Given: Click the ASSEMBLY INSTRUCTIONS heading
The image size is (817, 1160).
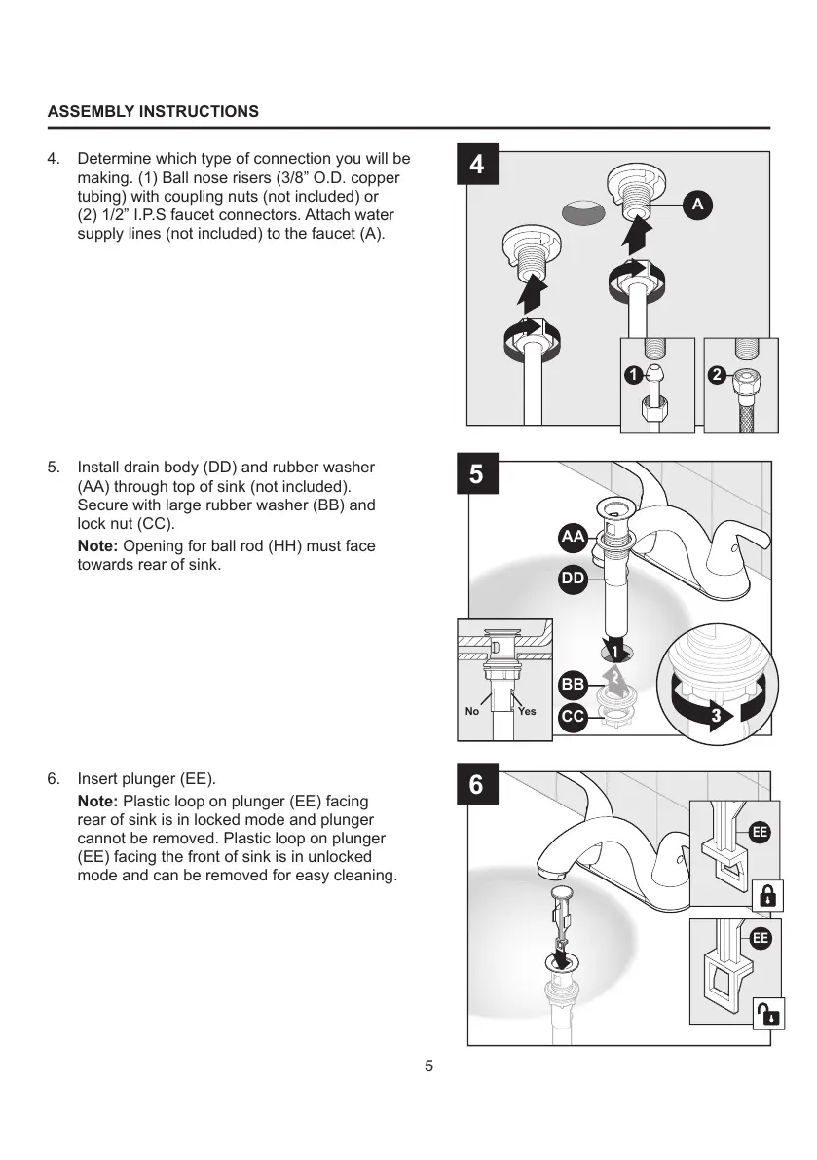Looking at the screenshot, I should (x=153, y=111).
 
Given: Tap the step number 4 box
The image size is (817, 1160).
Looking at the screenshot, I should (x=476, y=165).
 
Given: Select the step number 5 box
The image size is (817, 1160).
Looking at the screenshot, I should (x=476, y=474).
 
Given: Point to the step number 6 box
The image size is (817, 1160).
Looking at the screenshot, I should (x=476, y=785).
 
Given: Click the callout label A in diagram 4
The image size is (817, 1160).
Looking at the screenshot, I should (x=697, y=205).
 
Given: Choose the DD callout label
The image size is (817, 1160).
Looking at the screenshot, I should (x=573, y=579).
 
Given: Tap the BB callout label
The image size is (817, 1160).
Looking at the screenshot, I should (x=573, y=685).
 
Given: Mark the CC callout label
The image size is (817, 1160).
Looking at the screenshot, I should (x=573, y=717).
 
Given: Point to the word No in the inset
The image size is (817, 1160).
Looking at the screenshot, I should (x=472, y=711).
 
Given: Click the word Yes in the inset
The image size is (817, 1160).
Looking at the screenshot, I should (x=527, y=711).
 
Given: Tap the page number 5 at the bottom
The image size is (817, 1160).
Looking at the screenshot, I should (x=428, y=1066).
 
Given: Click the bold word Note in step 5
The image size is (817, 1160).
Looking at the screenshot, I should (x=97, y=546).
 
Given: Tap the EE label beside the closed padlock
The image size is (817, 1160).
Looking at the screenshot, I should (x=761, y=832).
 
